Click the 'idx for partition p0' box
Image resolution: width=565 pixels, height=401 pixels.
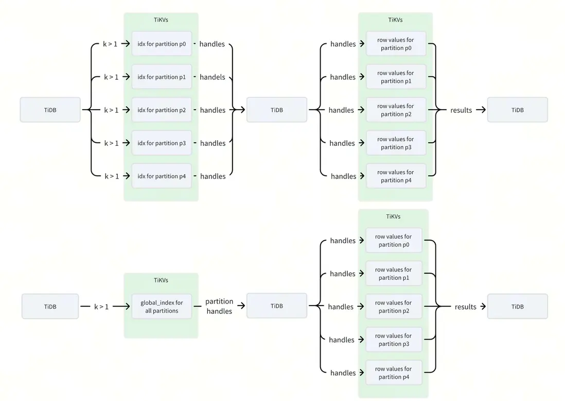[162, 44]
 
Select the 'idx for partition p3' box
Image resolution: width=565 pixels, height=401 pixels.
[162, 143]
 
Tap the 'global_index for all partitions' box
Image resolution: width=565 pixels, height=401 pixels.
[162, 307]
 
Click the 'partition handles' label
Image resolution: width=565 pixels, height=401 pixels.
[219, 306]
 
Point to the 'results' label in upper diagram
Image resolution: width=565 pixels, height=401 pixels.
[461, 110]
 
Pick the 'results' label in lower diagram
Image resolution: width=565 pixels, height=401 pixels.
[465, 307]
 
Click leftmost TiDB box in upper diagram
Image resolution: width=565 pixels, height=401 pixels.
[50, 110]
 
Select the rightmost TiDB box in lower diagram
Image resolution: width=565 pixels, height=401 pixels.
[517, 307]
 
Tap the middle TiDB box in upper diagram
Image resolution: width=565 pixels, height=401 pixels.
[277, 110]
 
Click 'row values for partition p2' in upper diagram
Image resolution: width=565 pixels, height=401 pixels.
[396, 110]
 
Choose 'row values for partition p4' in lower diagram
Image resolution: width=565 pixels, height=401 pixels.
[394, 373]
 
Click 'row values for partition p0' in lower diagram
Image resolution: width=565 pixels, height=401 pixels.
[394, 241]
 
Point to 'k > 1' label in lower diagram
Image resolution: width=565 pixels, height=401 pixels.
[101, 307]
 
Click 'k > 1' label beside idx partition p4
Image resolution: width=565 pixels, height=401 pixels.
[112, 176]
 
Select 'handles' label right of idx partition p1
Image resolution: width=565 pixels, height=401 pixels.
[213, 77]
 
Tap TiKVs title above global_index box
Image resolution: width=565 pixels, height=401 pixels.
[161, 280]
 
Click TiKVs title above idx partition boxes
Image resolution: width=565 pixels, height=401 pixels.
[161, 20]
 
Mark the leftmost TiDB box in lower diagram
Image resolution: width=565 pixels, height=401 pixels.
[50, 307]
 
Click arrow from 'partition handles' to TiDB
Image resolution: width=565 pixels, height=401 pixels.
[240, 306]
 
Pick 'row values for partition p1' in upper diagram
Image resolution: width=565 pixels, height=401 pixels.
[396, 77]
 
